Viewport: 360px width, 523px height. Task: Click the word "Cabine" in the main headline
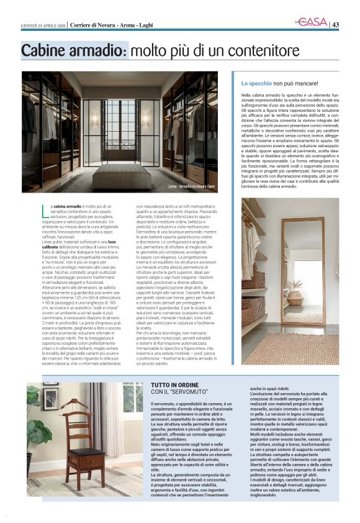tap(46, 51)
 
